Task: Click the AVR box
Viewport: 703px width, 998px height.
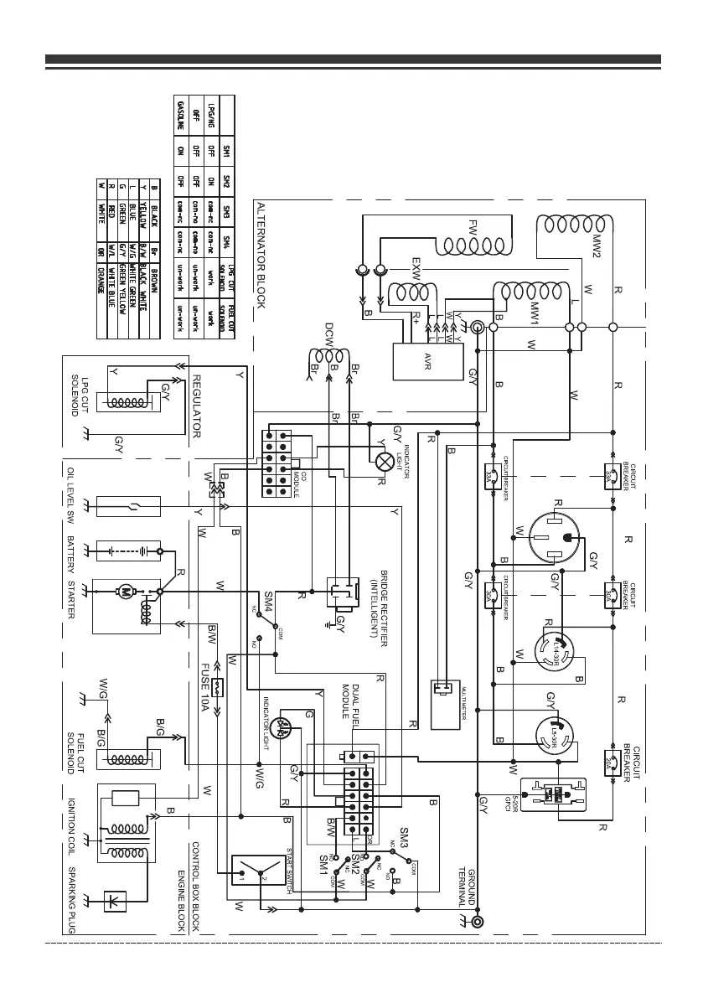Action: pyautogui.click(x=428, y=361)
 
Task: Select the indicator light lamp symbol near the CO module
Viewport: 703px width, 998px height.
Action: pyautogui.click(x=385, y=460)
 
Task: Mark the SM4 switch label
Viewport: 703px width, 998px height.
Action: pyautogui.click(x=269, y=600)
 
